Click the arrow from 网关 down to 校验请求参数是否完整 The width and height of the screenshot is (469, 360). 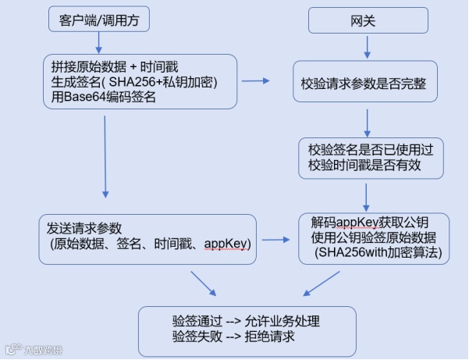pos(367,48)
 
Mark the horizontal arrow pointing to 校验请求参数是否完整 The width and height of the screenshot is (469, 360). pos(254,80)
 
